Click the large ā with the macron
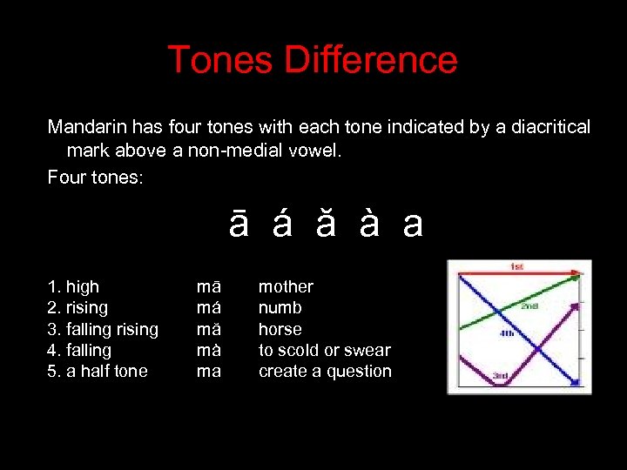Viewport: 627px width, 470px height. [239, 225]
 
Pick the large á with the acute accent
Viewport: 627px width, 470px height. [281, 225]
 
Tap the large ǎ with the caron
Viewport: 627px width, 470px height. [325, 225]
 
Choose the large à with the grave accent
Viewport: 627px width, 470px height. [368, 225]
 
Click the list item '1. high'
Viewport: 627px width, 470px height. [73, 286]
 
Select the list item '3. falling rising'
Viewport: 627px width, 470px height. [103, 329]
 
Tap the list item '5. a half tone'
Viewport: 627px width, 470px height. [98, 372]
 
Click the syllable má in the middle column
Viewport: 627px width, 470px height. [208, 308]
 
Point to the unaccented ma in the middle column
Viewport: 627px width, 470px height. [208, 372]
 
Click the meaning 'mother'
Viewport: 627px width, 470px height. [286, 286]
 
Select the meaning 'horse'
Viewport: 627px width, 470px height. [280, 329]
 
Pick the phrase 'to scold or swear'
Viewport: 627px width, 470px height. [324, 350]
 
